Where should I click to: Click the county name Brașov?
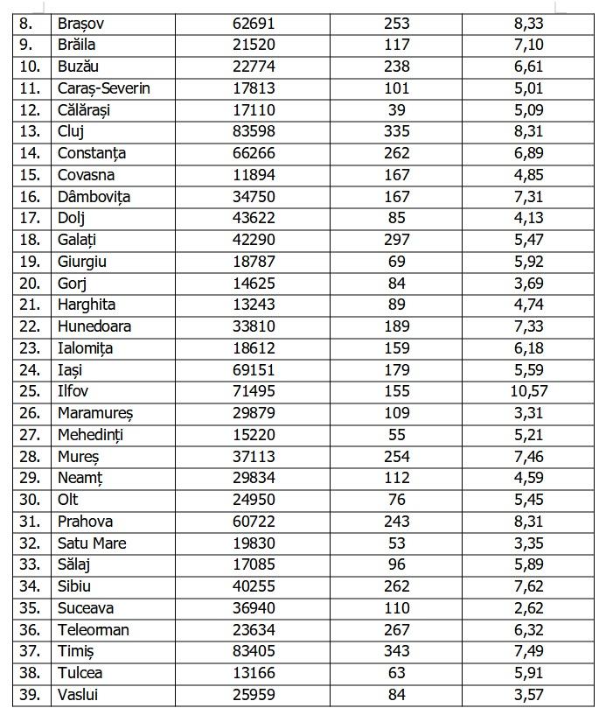click(x=80, y=24)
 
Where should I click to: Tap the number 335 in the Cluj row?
click(x=396, y=131)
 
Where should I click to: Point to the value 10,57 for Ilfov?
click(x=529, y=391)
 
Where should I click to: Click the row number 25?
click(x=30, y=391)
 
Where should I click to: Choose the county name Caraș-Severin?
click(x=103, y=88)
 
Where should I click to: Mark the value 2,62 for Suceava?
click(x=529, y=608)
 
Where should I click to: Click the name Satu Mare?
click(x=92, y=543)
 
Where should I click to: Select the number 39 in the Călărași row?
click(x=396, y=110)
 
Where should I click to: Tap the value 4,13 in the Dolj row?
click(x=529, y=218)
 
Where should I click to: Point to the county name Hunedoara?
click(x=94, y=326)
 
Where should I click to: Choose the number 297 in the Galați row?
click(x=396, y=240)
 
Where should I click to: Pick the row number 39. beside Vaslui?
click(x=30, y=695)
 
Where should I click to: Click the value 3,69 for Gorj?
click(x=529, y=283)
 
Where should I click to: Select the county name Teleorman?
click(x=93, y=629)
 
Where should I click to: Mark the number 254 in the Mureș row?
click(x=396, y=456)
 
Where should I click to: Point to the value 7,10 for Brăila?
click(x=529, y=46)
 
